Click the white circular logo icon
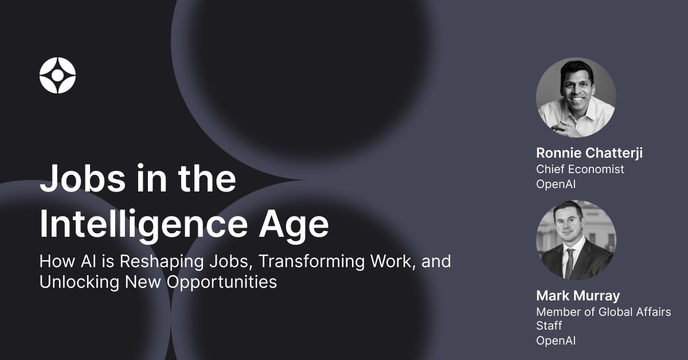coord(57,75)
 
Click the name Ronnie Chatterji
coord(589,153)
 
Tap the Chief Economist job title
coord(580,169)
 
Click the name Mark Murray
coord(578,296)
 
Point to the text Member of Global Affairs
coord(603,312)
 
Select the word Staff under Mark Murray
coord(549,326)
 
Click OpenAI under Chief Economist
coord(556,184)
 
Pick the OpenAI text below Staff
coord(556,341)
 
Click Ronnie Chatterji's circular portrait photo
coord(576,97)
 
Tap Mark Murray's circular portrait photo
coord(576,240)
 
